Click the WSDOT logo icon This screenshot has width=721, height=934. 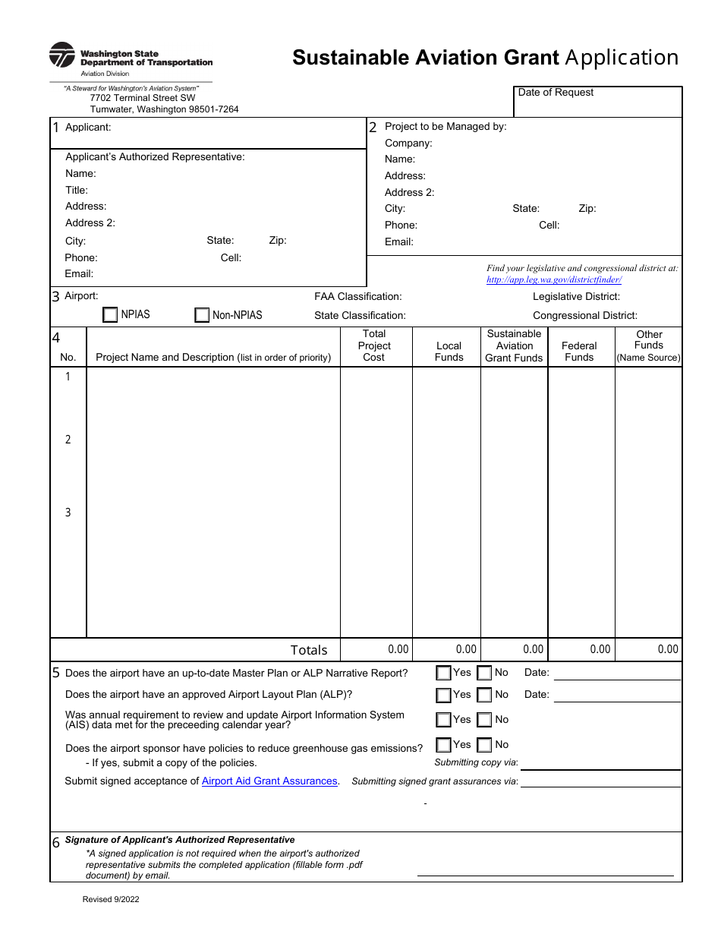62,55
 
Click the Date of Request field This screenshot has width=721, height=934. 598,103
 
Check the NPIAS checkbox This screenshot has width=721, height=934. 110,315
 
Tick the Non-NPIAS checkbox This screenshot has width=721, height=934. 202,315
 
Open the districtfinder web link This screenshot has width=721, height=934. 554,279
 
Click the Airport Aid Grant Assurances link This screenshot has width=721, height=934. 269,781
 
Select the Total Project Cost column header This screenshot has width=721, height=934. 374,346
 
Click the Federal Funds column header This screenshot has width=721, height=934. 579,352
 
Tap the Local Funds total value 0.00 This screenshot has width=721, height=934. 466,649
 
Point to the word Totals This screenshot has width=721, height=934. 309,650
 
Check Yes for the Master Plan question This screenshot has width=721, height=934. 443,673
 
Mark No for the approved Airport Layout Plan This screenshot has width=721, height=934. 484,695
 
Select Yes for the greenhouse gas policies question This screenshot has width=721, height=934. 443,745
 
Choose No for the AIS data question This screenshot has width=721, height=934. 484,720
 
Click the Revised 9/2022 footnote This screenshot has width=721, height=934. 111,900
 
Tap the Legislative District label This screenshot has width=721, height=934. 576,297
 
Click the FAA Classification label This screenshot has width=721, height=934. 358,297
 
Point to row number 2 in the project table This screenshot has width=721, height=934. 68,440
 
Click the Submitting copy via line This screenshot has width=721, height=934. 600,763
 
